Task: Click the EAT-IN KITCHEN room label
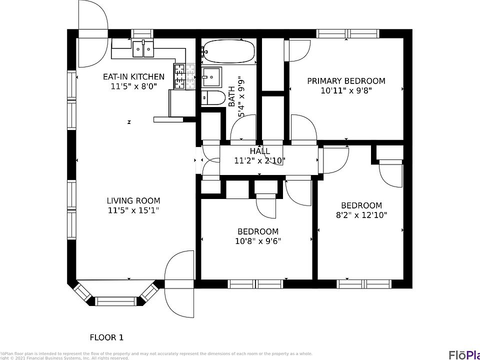133,77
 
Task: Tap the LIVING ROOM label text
133,201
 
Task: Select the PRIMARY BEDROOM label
346,81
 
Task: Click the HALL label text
259,151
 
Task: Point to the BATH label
231,97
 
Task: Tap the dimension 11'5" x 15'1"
133,210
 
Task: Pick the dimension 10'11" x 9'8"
346,90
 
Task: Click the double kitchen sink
143,48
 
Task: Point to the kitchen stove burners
179,76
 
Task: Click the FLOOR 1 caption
106,337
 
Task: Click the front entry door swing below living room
179,284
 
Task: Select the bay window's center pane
115,301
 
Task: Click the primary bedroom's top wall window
347,34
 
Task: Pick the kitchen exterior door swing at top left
92,34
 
